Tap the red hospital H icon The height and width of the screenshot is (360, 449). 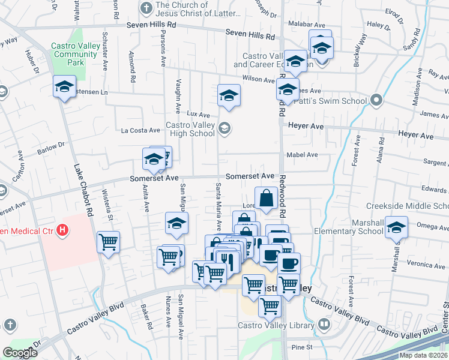click(x=62, y=230)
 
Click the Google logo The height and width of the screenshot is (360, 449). click(x=20, y=353)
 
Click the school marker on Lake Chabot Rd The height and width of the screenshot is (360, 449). click(x=64, y=88)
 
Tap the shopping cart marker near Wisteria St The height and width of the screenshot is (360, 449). click(x=109, y=243)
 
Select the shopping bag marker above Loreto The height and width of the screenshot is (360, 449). click(x=266, y=197)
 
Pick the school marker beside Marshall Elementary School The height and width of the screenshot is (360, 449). click(x=396, y=227)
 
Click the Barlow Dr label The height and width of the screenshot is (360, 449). click(x=53, y=146)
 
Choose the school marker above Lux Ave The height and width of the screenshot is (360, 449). click(x=229, y=95)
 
